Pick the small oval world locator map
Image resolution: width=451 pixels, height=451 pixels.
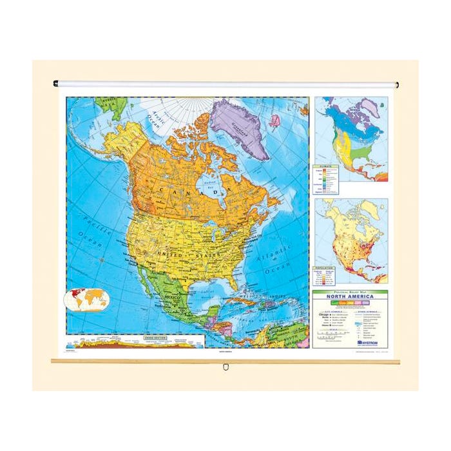point(87,298)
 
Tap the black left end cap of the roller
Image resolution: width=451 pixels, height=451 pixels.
point(55,83)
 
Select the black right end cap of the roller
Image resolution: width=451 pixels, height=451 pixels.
point(396,84)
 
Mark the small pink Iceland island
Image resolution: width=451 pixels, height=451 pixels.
point(276,120)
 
